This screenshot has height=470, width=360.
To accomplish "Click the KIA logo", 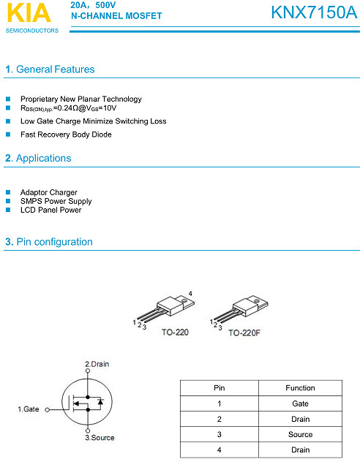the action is pyautogui.click(x=28, y=14).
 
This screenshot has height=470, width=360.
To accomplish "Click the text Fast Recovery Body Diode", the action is pyautogui.click(x=66, y=134).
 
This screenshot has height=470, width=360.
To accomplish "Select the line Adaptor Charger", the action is pyautogui.click(x=48, y=192).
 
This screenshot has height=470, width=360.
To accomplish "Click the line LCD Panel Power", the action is pyautogui.click(x=50, y=210).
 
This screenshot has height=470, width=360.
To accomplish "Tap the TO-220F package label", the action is pyautogui.click(x=244, y=333).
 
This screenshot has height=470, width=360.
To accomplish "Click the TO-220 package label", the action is pyautogui.click(x=174, y=333).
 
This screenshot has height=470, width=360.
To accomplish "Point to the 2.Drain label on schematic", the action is pyautogui.click(x=97, y=364).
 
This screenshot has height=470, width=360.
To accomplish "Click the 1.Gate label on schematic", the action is pyautogui.click(x=29, y=409).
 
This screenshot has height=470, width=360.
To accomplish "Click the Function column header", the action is pyautogui.click(x=300, y=388).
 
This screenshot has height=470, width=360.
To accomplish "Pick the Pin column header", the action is pyautogui.click(x=219, y=388).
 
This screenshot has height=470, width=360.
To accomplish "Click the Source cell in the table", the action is pyautogui.click(x=300, y=434).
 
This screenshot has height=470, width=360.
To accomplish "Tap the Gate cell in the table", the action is pyautogui.click(x=300, y=403).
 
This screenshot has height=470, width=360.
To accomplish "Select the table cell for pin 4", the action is pyautogui.click(x=219, y=450).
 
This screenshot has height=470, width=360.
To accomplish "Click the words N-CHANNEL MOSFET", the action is pyautogui.click(x=116, y=16).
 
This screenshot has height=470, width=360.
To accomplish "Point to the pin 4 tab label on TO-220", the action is pyautogui.click(x=190, y=293).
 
